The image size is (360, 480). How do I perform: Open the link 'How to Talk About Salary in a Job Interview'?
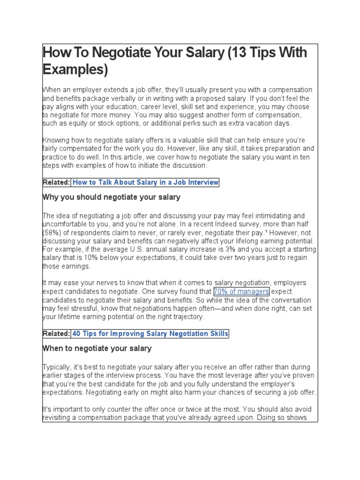point(145,182)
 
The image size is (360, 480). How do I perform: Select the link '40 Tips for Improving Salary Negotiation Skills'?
point(150,334)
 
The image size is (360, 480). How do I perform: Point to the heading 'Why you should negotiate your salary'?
point(111,197)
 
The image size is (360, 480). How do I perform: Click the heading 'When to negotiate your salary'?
point(97,349)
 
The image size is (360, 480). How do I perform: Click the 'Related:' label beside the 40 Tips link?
point(56,334)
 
